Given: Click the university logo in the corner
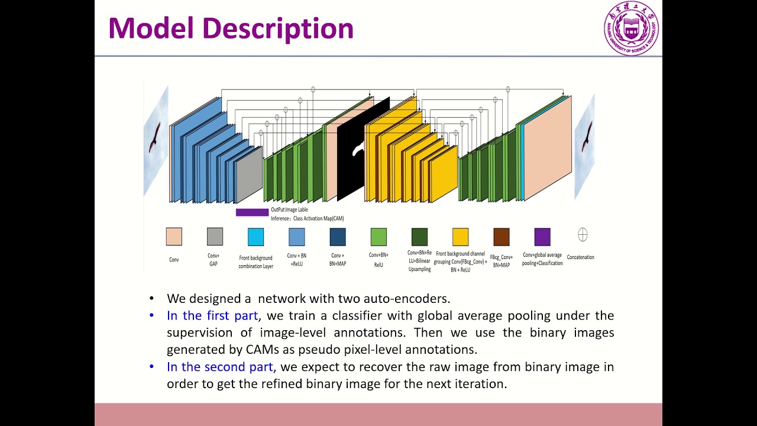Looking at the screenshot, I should point(630,28).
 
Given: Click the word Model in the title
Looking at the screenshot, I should point(151,28).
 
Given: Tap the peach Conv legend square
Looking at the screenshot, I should point(174,237).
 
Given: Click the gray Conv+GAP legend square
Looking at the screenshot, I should point(215,237).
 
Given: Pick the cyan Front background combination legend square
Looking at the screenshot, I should point(255,237).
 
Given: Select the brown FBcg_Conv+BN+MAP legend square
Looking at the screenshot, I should point(502,237).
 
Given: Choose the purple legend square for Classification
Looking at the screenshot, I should point(542,237).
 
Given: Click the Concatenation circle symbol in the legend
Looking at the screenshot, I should point(583,235).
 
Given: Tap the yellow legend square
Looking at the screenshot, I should point(460,237).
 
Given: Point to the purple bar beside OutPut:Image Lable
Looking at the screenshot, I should point(252,212).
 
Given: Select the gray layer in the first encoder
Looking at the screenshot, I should point(249,176).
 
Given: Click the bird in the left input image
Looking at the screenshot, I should point(155,136).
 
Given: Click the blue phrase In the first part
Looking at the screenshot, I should point(212,315).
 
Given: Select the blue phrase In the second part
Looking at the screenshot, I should point(219,367).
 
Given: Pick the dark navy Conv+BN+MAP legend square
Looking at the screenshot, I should point(338,237).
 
